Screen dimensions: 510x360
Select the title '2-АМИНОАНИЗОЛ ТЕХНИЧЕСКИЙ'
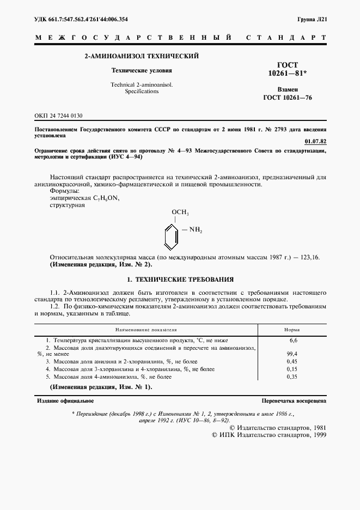[x=141, y=56]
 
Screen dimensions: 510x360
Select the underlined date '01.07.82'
[x=316, y=141]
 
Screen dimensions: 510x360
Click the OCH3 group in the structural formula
[x=180, y=212]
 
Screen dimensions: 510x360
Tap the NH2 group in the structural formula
[x=195, y=231]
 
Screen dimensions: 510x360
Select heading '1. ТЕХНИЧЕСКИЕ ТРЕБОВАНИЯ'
[x=180, y=280]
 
